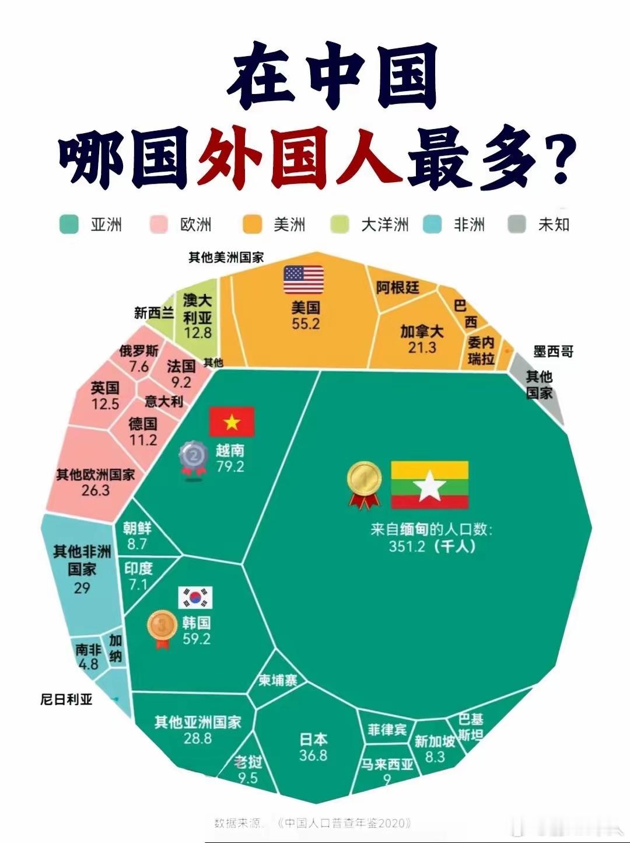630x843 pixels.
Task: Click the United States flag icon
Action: pos(303,280)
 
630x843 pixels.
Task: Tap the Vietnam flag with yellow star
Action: pos(232,422)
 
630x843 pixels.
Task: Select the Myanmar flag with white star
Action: pos(429,485)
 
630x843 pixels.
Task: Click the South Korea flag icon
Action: pos(195,598)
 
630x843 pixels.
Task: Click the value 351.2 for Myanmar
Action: pos(407,546)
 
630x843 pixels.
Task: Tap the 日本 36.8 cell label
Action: pos(313,747)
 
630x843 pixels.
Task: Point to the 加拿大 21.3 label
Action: pos(422,339)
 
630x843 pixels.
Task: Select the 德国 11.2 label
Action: pos(143,431)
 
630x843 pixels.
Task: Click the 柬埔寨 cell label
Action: pos(278,680)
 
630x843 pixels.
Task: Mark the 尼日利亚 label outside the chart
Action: pos(66,699)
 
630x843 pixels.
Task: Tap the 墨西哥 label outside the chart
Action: pos(553,351)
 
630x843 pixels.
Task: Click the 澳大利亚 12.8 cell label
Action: pos(197,316)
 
